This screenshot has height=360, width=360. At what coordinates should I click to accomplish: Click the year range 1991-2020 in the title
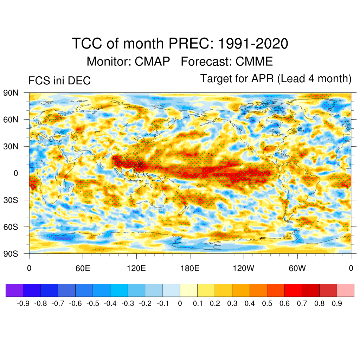pos(253,44)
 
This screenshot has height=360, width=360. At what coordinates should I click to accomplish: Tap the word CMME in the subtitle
pos(254,62)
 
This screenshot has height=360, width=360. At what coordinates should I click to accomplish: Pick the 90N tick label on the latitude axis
pos(11,93)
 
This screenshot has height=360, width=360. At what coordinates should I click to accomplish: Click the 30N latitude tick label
pos(11,146)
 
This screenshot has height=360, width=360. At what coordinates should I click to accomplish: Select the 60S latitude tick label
pos(11,227)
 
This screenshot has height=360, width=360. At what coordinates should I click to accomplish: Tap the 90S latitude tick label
pos(11,253)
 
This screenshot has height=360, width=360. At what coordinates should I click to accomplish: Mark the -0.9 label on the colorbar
pos(23,304)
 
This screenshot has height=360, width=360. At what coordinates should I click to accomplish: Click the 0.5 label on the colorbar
pos(267,304)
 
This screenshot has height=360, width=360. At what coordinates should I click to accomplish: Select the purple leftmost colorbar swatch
pos(14,290)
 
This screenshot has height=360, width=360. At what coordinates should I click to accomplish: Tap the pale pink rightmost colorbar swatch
pos(346,290)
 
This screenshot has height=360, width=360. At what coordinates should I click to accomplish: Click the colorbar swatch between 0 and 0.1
pos(189,290)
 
